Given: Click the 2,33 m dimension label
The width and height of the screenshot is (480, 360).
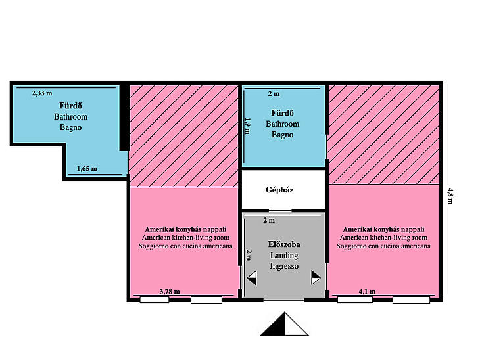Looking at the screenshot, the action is [x=42, y=93].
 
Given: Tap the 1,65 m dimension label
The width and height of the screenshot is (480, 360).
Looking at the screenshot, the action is [x=87, y=169].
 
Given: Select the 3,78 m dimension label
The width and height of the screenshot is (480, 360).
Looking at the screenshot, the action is [x=170, y=292].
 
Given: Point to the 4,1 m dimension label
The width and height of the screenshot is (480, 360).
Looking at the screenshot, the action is [x=367, y=292].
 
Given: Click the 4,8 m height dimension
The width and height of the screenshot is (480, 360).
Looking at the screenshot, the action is [x=450, y=196].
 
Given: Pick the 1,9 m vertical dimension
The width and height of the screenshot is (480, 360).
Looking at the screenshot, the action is [x=248, y=126].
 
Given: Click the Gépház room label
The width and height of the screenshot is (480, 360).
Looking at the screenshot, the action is [x=279, y=190].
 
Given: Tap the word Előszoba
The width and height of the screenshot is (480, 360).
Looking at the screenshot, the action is [x=284, y=244].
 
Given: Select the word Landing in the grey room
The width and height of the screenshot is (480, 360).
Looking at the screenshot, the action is [x=284, y=256].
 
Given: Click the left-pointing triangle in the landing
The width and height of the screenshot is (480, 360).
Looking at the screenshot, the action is [x=252, y=278].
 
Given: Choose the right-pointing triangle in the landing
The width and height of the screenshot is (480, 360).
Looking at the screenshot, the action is [x=316, y=278].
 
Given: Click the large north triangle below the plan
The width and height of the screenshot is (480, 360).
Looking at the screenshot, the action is [x=285, y=325].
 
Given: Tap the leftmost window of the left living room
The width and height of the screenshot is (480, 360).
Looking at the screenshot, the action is [x=155, y=300].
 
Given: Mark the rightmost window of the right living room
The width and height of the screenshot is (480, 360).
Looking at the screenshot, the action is [x=411, y=300].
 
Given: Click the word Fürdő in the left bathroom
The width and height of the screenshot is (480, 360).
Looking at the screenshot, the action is [x=70, y=106].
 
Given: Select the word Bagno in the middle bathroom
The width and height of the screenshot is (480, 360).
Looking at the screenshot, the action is [x=282, y=135].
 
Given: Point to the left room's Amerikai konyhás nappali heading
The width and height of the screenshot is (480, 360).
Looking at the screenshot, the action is [x=185, y=229].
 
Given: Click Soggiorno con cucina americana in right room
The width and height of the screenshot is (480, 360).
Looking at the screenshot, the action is [x=383, y=246].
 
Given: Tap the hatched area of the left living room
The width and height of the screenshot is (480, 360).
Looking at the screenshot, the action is [x=184, y=136].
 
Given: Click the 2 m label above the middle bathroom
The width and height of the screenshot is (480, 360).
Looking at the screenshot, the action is [x=274, y=93].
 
